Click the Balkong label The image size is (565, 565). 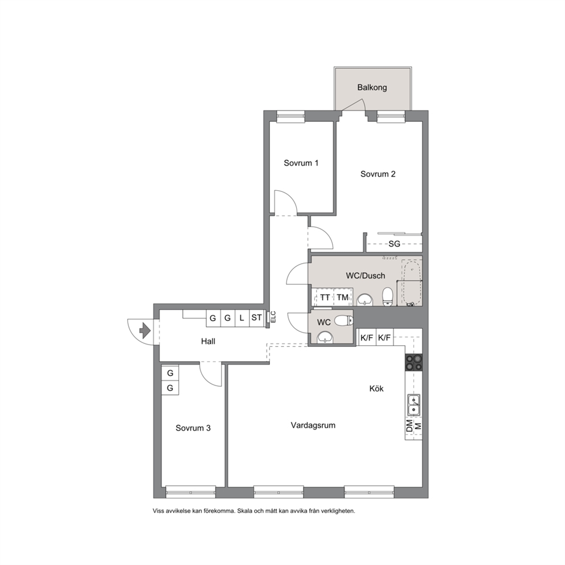click(x=372, y=88)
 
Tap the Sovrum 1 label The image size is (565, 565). click(x=301, y=163)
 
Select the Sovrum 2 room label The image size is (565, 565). click(x=378, y=174)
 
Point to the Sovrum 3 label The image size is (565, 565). click(x=193, y=428)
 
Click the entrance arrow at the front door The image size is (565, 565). click(x=145, y=330)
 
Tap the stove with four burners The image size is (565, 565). click(x=413, y=363)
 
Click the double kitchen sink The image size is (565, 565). click(x=413, y=405)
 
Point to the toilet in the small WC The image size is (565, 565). click(x=343, y=320)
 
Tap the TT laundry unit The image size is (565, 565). click(x=325, y=297)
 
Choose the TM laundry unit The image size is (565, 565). click(x=343, y=297)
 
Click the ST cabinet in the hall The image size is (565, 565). click(x=256, y=318)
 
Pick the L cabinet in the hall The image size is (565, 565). click(x=242, y=318)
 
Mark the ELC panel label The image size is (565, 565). click(x=273, y=317)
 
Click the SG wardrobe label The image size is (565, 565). click(x=394, y=244)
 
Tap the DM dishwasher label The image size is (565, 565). click(x=410, y=426)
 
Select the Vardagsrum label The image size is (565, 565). click(x=313, y=425)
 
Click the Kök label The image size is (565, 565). click(x=376, y=388)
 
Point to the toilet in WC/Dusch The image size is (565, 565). click(x=388, y=296)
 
